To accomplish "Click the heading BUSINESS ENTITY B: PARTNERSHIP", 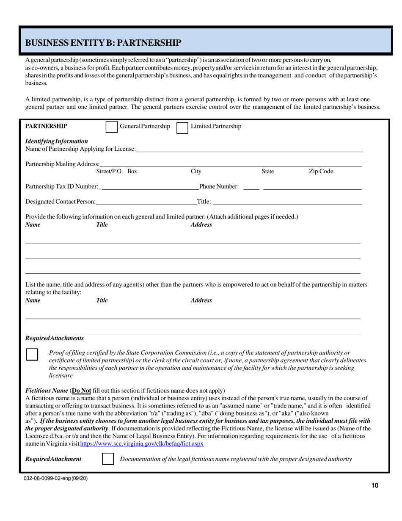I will [104, 43].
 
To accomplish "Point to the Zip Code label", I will [321, 172].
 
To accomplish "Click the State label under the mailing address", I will [268, 172].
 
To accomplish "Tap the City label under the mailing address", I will [196, 172].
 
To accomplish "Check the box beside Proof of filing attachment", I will [32, 354].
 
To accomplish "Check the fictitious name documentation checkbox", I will [108, 459].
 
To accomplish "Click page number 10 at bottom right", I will [374, 486].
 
